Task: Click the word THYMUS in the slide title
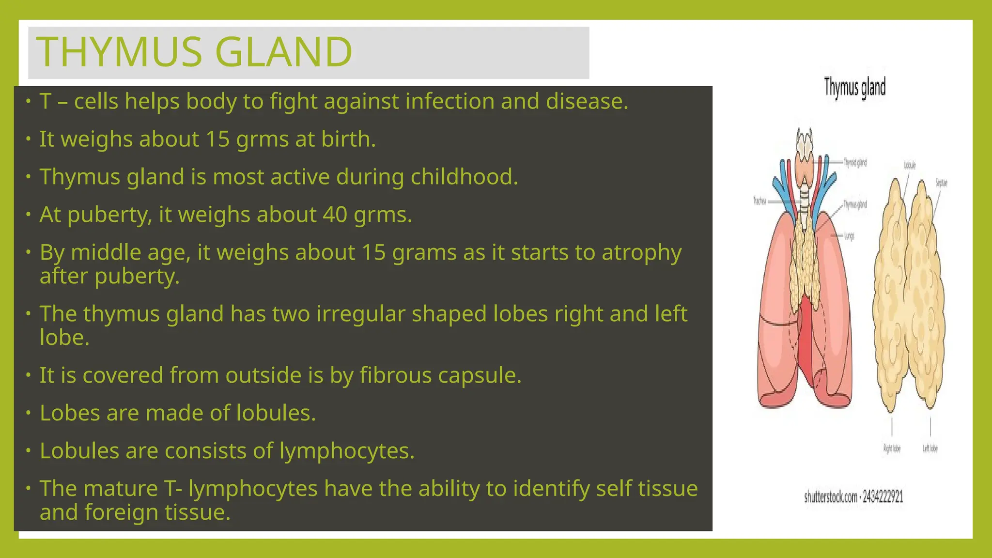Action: (119, 52)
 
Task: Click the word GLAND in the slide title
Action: (283, 52)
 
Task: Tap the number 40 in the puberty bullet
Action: (335, 215)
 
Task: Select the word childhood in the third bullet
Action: (464, 177)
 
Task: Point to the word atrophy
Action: (641, 253)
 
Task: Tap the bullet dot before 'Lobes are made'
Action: (29, 413)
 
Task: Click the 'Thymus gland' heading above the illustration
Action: (854, 88)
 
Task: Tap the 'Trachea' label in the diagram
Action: (759, 201)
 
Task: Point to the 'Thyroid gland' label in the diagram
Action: (855, 163)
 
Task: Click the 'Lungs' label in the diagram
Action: (849, 236)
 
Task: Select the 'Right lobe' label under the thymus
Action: (892, 449)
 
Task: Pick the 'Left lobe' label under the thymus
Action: (930, 449)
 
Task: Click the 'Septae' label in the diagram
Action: (941, 183)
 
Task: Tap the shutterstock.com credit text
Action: (853, 497)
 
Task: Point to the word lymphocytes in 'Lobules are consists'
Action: (347, 451)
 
